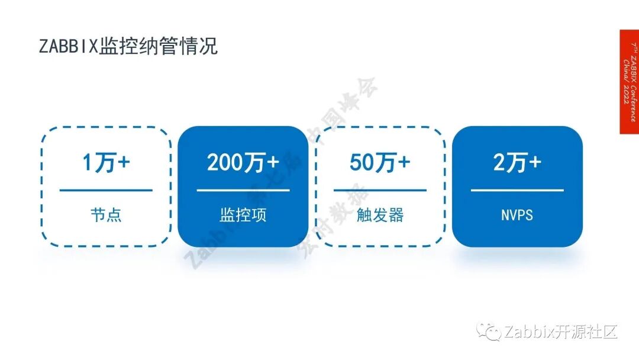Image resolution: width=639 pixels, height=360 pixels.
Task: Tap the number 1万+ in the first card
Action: click(x=106, y=162)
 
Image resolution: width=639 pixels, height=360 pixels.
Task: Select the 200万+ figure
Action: click(x=243, y=162)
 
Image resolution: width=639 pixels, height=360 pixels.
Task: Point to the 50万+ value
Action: click(x=379, y=162)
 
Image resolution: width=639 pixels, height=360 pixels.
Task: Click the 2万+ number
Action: click(x=517, y=162)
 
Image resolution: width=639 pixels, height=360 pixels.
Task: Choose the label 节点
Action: click(x=106, y=214)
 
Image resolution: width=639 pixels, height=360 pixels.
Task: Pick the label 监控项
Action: click(x=243, y=214)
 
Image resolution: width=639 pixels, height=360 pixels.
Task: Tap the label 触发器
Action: click(x=379, y=214)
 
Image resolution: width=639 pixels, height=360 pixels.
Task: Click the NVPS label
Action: click(x=517, y=214)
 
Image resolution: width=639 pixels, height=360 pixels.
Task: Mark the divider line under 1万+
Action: click(x=106, y=190)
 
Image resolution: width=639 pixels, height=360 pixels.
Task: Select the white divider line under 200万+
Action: click(x=243, y=190)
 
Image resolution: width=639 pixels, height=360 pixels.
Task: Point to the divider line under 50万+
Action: click(x=379, y=190)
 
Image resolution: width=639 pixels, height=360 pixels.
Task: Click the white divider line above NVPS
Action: click(x=517, y=190)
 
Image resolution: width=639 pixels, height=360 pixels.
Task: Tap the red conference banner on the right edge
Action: click(x=629, y=82)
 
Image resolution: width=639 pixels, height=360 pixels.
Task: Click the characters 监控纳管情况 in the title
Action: click(x=158, y=46)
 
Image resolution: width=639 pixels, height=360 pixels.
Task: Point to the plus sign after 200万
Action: click(x=272, y=162)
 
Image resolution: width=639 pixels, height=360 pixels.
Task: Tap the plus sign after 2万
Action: click(x=534, y=162)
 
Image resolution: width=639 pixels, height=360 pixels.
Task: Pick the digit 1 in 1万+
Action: click(x=88, y=163)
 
